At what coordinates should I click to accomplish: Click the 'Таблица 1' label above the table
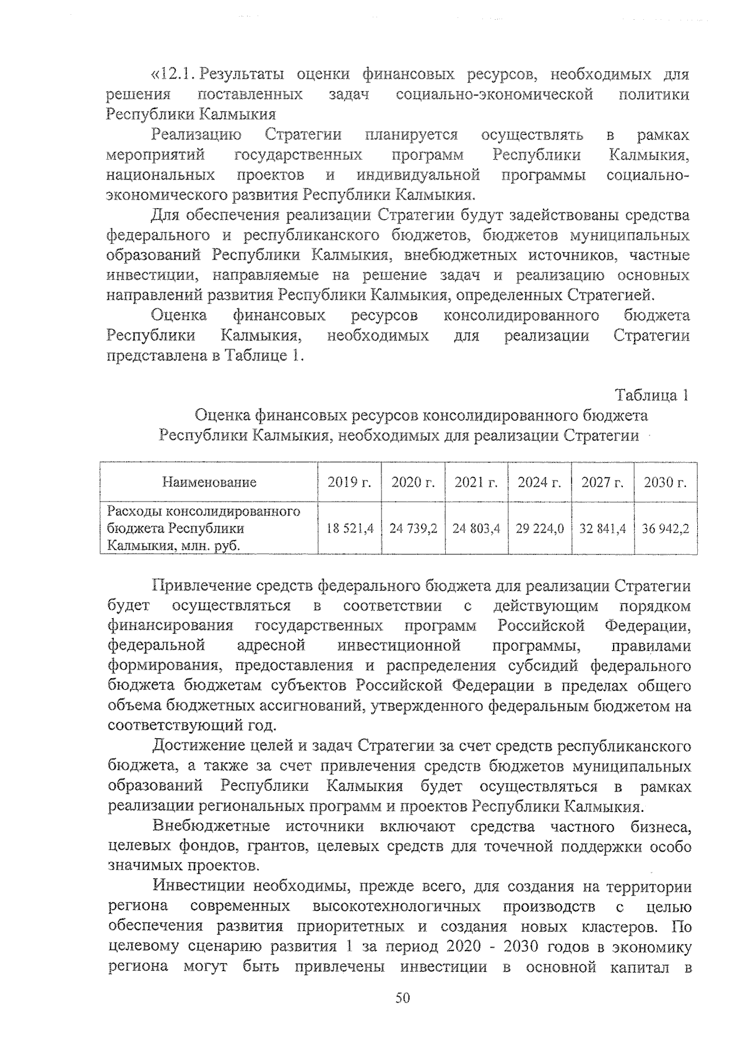click(x=651, y=395)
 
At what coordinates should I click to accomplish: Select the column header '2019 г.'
click(x=349, y=482)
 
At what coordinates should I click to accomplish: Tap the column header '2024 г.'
click(x=539, y=482)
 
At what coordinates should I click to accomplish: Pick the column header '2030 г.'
click(x=665, y=482)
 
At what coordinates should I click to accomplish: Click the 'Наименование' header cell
click(x=209, y=482)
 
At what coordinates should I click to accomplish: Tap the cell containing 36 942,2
click(x=666, y=529)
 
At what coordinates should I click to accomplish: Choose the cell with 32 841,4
click(x=602, y=529)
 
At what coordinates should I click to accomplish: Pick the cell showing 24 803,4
click(x=476, y=529)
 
